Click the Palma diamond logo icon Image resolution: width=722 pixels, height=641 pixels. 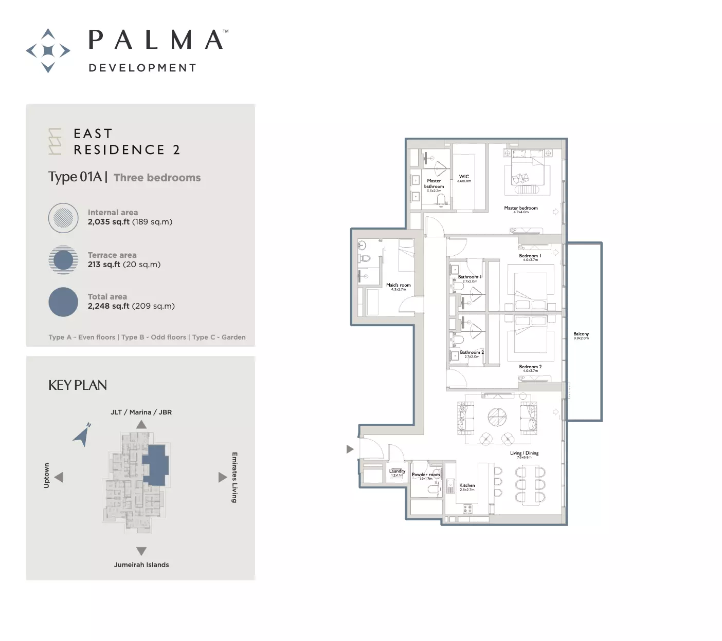tap(48, 50)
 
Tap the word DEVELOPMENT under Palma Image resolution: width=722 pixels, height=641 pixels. tap(142, 68)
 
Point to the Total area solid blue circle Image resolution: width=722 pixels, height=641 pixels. tap(63, 301)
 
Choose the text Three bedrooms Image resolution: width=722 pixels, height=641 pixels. tap(157, 178)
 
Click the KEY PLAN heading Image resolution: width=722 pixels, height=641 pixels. tap(78, 385)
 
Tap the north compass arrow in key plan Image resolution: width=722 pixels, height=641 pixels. tap(82, 435)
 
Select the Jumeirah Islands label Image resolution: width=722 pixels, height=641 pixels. tap(141, 564)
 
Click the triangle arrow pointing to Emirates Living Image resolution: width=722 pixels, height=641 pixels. tap(222, 477)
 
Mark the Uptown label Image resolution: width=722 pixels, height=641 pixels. tap(47, 475)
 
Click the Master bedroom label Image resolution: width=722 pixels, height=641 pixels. tap(520, 208)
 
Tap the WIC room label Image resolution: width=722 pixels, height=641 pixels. tap(464, 177)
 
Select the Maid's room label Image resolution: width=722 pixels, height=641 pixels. tap(398, 285)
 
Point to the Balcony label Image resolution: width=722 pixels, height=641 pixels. tap(581, 334)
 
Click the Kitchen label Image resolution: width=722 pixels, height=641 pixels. tap(467, 485)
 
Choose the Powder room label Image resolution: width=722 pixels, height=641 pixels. tap(425, 475)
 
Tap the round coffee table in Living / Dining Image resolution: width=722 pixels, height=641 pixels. tap(497, 417)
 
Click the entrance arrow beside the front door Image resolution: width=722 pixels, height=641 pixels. tap(350, 449)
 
